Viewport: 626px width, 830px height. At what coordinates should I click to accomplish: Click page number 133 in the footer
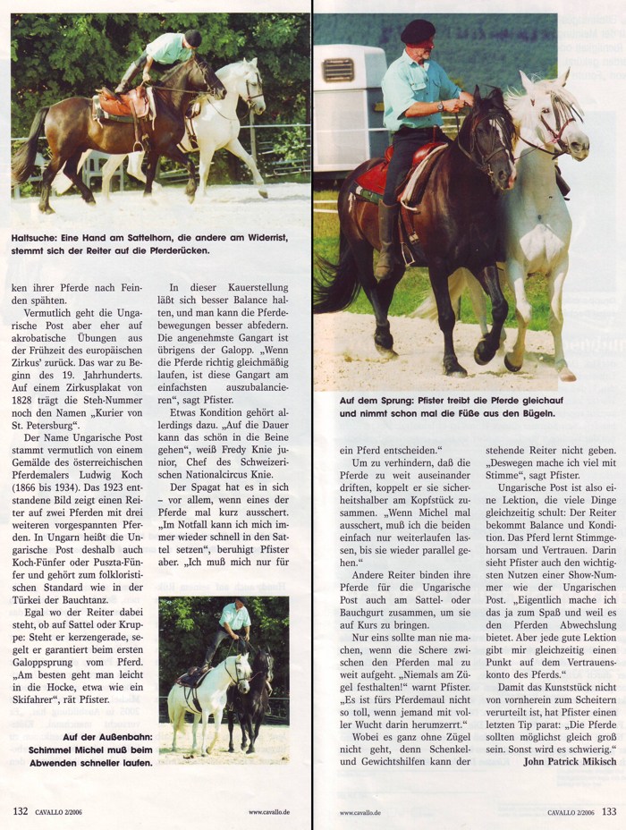coord(609,811)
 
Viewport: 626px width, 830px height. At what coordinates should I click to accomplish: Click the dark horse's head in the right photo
coord(489,134)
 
